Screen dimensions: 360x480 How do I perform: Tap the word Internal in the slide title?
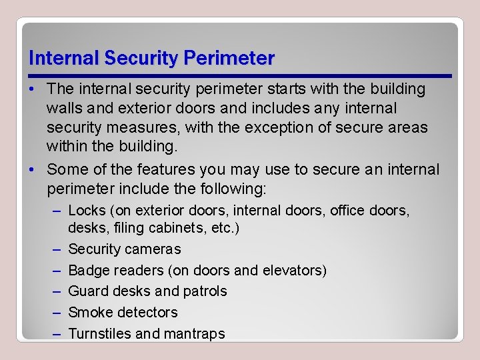click(x=63, y=59)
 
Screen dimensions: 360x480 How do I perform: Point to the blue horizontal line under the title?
click(x=240, y=75)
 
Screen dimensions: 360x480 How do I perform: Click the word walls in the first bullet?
click(x=63, y=108)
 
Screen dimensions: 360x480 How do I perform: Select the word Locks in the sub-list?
click(x=87, y=211)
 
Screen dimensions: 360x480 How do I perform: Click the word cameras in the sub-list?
click(x=155, y=249)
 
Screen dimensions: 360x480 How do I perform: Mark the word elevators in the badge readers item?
click(x=291, y=271)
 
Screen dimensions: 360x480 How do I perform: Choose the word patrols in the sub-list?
click(x=205, y=291)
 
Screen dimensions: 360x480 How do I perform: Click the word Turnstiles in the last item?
click(x=99, y=334)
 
